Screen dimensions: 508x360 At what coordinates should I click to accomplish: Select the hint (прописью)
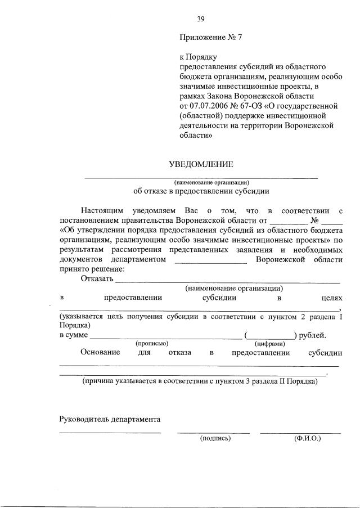[x=152, y=343]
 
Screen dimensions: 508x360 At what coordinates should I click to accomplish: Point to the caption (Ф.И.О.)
[x=307, y=438]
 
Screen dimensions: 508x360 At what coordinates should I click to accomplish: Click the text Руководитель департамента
[x=110, y=419]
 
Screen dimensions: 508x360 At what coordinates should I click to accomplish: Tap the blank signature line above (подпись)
[x=213, y=432]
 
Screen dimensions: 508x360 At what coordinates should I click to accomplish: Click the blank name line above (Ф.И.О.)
[x=300, y=432]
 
